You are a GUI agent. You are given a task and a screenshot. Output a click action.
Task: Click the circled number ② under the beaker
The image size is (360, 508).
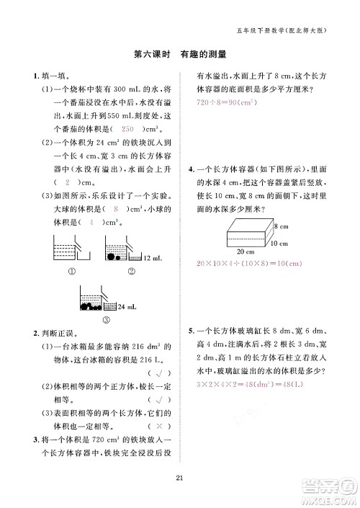[132, 272]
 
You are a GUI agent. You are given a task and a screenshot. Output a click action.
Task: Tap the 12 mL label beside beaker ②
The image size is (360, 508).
[151, 258]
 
